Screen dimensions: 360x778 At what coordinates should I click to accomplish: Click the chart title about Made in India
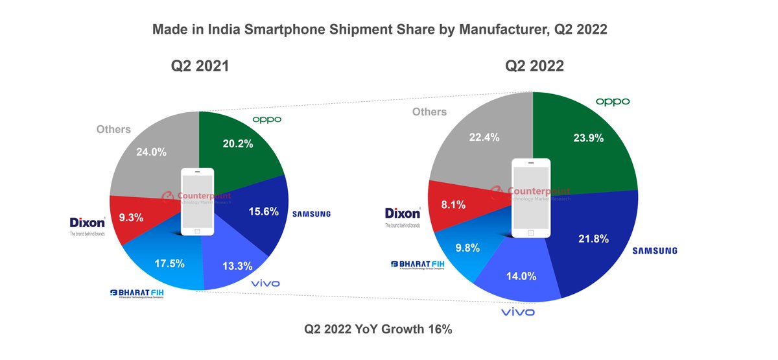(379, 30)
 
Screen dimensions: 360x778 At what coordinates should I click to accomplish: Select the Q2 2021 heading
(200, 66)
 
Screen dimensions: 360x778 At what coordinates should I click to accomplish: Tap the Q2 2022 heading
(534, 66)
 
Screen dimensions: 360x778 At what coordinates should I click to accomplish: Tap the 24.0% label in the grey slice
(151, 152)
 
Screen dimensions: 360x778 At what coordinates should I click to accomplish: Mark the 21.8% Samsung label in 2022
(593, 239)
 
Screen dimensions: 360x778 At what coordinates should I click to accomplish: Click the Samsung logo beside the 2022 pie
(655, 250)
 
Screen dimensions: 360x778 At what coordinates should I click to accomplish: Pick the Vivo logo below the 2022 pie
(518, 313)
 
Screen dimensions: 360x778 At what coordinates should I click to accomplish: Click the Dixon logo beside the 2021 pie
(88, 222)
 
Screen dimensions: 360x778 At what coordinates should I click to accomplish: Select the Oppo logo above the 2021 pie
(266, 119)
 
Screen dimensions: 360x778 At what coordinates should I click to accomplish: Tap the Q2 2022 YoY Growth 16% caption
(378, 329)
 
